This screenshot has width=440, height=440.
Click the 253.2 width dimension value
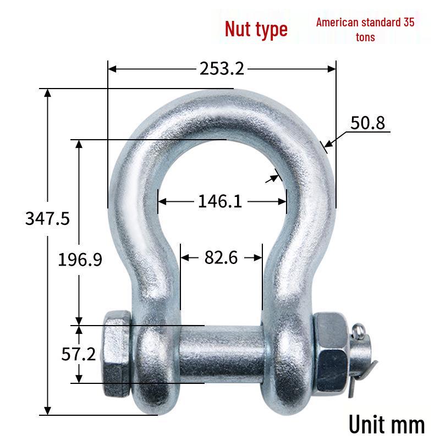222,68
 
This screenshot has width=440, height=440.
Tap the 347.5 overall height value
47,218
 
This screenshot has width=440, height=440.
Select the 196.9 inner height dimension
80,259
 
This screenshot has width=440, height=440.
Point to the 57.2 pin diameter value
78,354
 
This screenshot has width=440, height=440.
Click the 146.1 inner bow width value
219,201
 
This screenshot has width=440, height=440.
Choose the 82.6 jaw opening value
221,257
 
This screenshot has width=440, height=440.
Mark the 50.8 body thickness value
367,123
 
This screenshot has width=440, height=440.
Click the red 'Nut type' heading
256,30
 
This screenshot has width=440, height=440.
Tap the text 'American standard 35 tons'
365,30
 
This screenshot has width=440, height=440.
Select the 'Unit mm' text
387,424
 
